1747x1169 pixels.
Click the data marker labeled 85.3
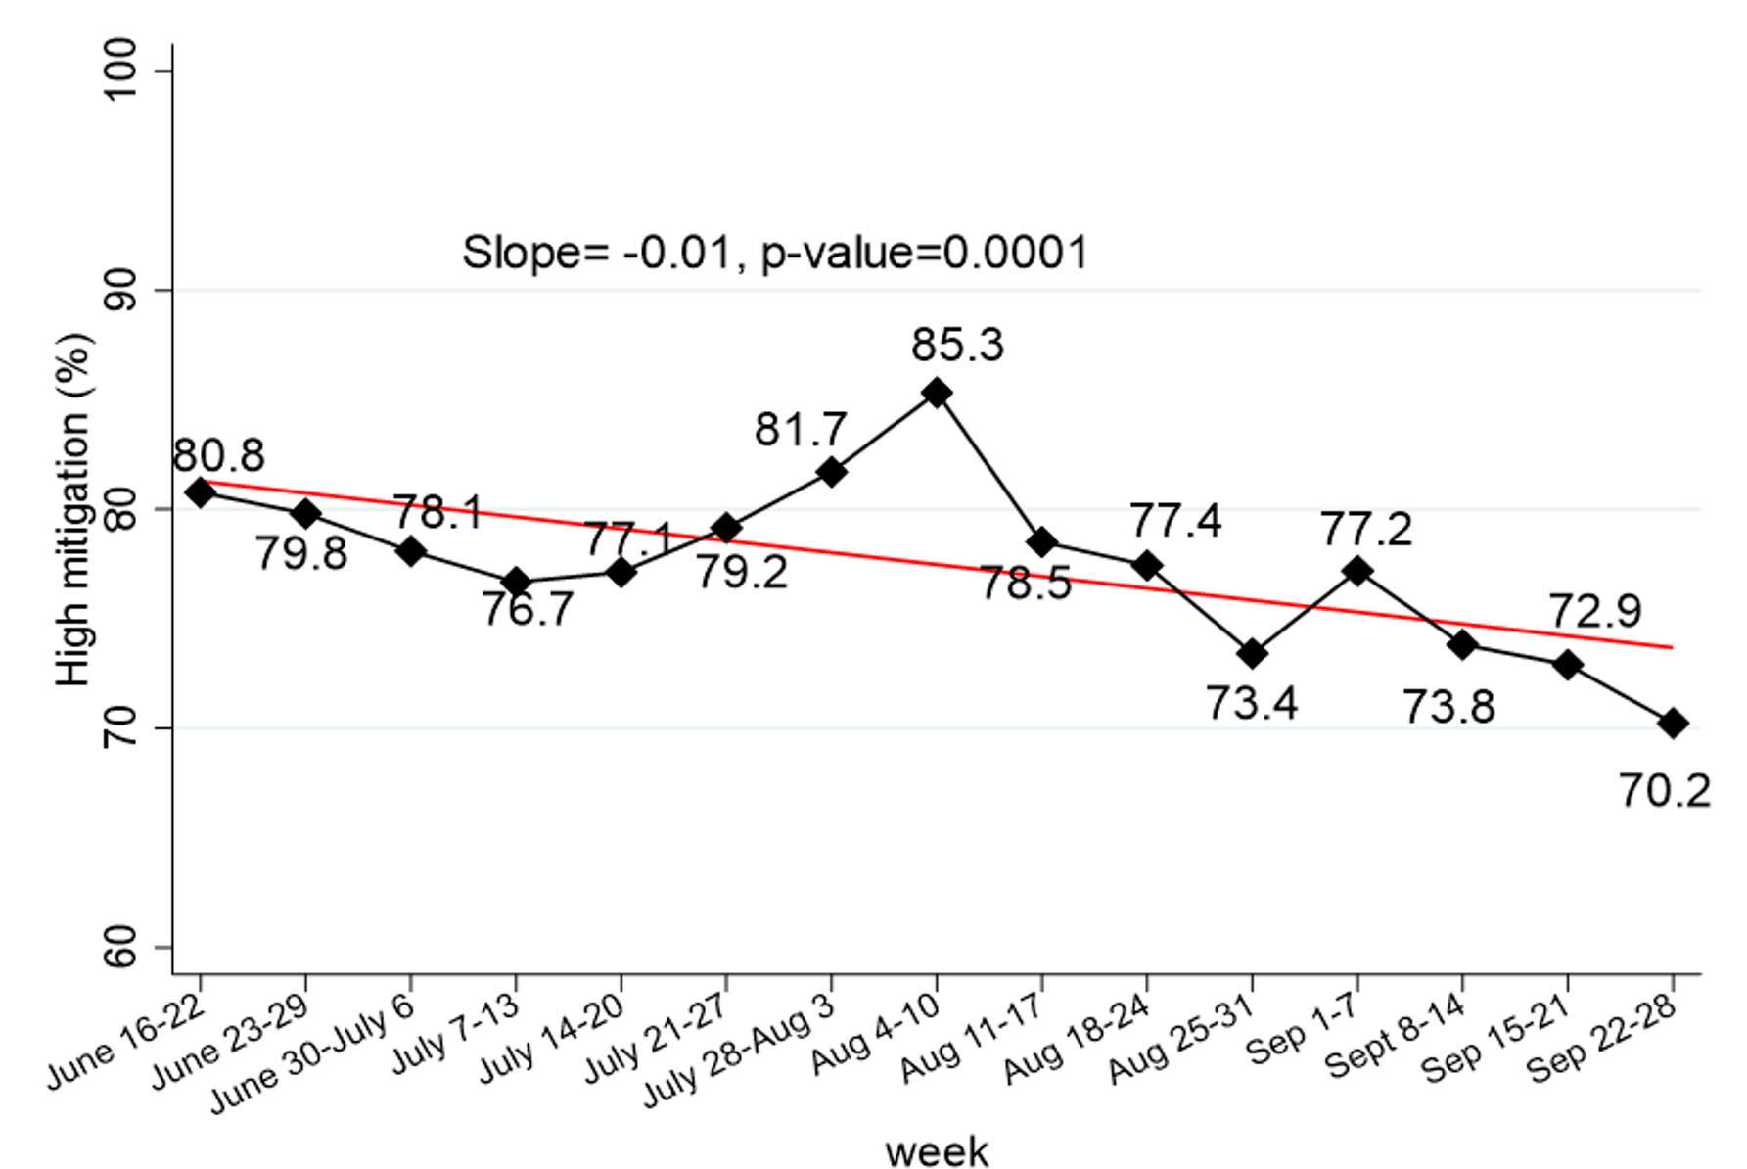pyautogui.click(x=937, y=394)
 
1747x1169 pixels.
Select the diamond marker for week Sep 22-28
pyautogui.click(x=1673, y=725)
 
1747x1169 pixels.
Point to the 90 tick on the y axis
pyautogui.click(x=121, y=291)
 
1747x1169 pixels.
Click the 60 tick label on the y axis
pyautogui.click(x=121, y=947)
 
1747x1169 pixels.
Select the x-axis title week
pyautogui.click(x=937, y=1151)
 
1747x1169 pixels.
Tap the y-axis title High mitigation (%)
pyautogui.click(x=74, y=509)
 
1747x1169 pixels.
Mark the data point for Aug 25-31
pyautogui.click(x=1252, y=654)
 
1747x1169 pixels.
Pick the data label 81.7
pyautogui.click(x=800, y=430)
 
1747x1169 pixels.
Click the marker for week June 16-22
pyautogui.click(x=201, y=492)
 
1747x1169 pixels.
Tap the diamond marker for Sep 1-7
pyautogui.click(x=1357, y=571)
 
